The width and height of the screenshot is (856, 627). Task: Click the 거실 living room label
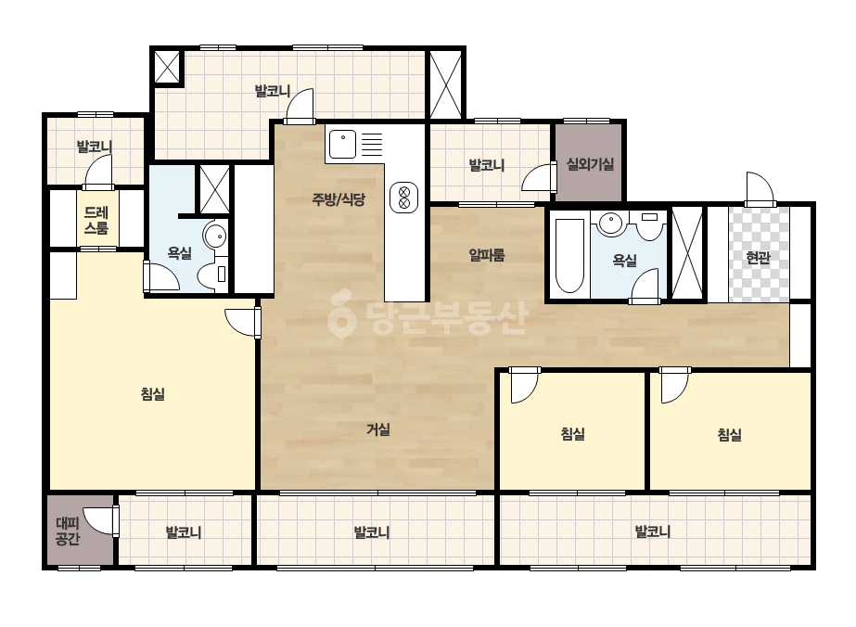click(377, 429)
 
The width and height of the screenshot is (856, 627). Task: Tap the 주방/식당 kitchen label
click(338, 199)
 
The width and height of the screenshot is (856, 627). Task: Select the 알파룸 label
click(486, 254)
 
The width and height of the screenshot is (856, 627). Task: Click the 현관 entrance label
click(758, 257)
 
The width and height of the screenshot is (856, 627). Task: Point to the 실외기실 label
click(590, 164)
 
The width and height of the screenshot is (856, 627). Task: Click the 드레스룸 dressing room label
click(96, 220)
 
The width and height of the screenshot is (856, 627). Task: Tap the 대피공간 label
click(68, 531)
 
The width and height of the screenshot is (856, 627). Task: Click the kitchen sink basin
click(342, 144)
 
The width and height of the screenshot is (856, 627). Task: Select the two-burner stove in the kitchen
click(404, 198)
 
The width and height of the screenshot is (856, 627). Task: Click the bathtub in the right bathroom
click(569, 256)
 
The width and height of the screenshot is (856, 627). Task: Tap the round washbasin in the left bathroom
click(214, 236)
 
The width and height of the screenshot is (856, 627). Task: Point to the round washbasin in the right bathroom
click(610, 223)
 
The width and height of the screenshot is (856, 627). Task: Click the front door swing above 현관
click(760, 189)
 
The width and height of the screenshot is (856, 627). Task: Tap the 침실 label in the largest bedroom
click(152, 394)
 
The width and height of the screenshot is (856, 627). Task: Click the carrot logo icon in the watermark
click(341, 313)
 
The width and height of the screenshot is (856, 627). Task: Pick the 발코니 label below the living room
click(371, 531)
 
